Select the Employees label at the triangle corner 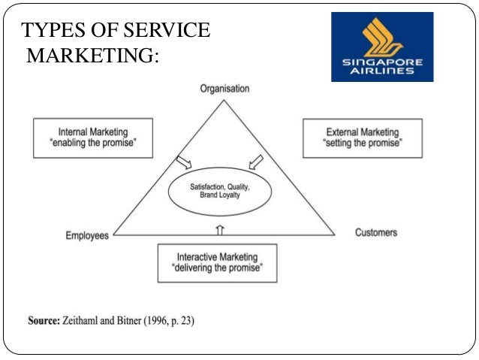pos(86,235)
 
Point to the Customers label pos(376,232)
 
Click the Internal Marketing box pos(92,138)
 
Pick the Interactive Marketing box pos(217,262)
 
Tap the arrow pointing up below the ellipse pos(218,226)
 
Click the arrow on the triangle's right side pos(255,162)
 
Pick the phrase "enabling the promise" pos(92,144)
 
